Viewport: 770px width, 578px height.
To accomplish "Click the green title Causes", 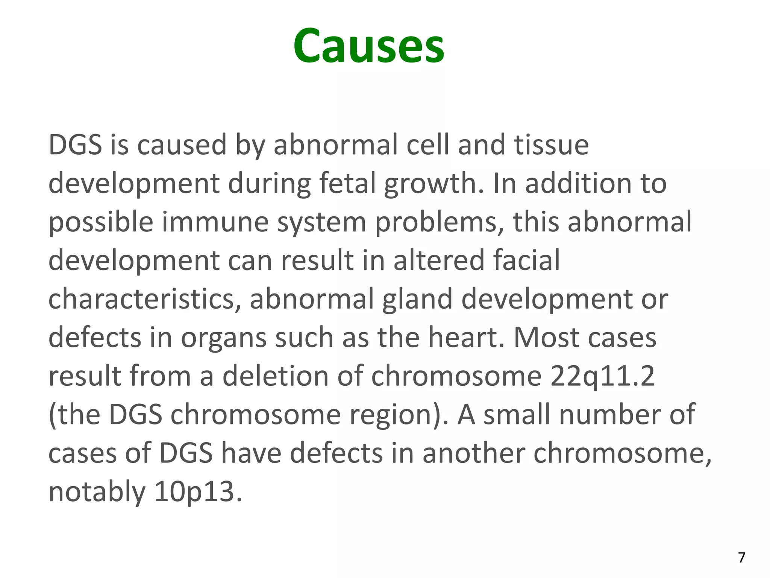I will pos(368,46).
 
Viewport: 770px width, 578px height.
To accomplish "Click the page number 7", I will pos(741,557).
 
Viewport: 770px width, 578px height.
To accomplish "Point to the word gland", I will pos(417,300).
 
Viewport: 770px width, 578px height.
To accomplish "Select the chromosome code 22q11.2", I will pos(602,376).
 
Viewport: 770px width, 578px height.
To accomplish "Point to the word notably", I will pos(97,492).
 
